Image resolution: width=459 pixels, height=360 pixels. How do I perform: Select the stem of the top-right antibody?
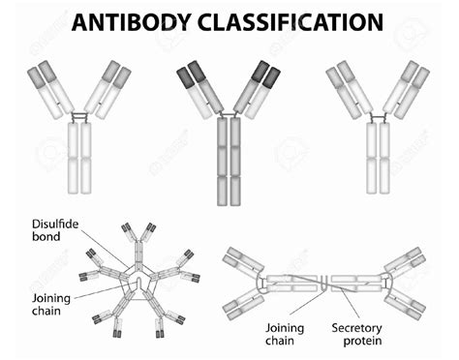(x=379, y=155)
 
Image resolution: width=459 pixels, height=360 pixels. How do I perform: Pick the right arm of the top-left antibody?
(x=105, y=87)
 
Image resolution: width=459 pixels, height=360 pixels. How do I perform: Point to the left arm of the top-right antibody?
(x=352, y=87)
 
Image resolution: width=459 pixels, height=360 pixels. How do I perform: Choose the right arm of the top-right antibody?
(x=405, y=87)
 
